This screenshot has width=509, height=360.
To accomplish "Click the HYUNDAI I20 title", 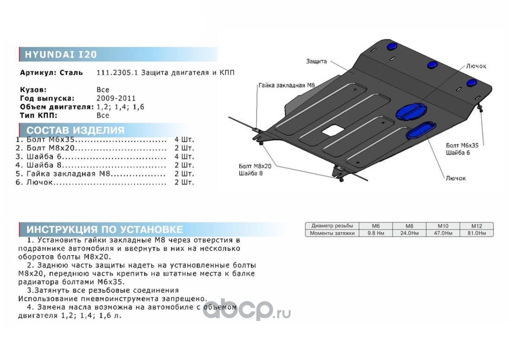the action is pos(60,54).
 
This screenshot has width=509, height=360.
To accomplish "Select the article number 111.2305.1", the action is pos(113,72).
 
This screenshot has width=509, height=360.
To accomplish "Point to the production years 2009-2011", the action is pos(116,99).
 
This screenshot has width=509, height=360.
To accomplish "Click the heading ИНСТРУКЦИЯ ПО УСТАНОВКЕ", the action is pos(105,229).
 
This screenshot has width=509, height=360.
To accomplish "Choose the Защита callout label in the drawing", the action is pos(316,61).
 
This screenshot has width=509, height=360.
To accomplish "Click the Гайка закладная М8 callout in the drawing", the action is pos(285,85).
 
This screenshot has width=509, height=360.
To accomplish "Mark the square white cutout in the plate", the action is pos(332,130).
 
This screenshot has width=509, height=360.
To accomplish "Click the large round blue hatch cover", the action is pos(411,111).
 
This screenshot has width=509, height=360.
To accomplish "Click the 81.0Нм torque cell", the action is pos(476,233).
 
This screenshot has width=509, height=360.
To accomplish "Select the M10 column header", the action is pos(443,226).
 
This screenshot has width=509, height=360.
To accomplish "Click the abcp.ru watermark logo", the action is pos(246,310).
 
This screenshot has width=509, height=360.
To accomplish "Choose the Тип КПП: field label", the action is pos(41,115).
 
